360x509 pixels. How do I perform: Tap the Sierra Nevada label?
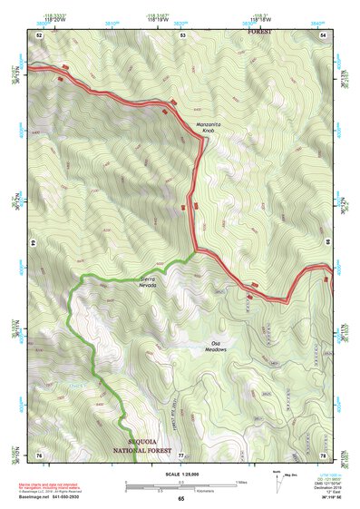(x=148, y=282)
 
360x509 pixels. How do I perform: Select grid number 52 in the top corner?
(x=40, y=34)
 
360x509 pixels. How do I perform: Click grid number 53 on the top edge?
(x=182, y=34)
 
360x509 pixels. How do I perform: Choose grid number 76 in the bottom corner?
(x=40, y=455)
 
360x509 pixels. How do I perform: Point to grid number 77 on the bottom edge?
(x=180, y=455)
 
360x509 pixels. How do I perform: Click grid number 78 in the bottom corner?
(x=323, y=455)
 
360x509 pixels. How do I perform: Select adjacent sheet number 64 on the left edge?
(x=34, y=243)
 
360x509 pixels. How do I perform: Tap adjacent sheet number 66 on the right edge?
(x=327, y=243)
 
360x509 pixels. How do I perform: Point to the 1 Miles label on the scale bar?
(x=240, y=482)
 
